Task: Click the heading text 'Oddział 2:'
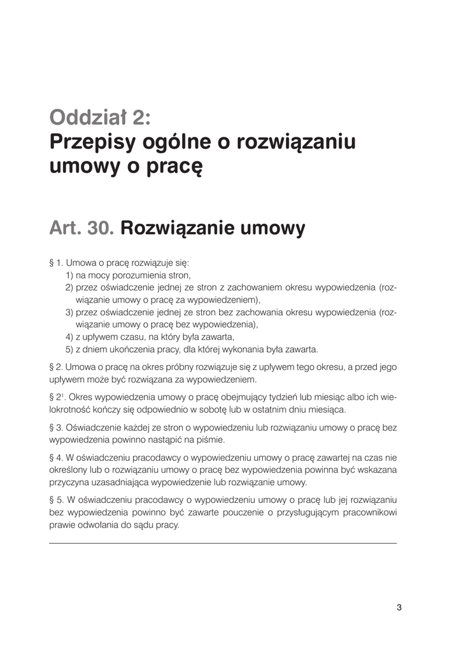pyautogui.click(x=101, y=117)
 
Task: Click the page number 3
pyautogui.click(x=399, y=606)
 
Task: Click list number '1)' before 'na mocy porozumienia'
pyautogui.click(x=69, y=275)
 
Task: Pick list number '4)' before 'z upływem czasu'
pyautogui.click(x=69, y=336)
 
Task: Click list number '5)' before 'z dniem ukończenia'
pyautogui.click(x=69, y=349)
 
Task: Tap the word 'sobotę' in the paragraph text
pyautogui.click(x=233, y=410)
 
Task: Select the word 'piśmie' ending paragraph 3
pyautogui.click(x=214, y=439)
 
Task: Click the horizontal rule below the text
pyautogui.click(x=222, y=543)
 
